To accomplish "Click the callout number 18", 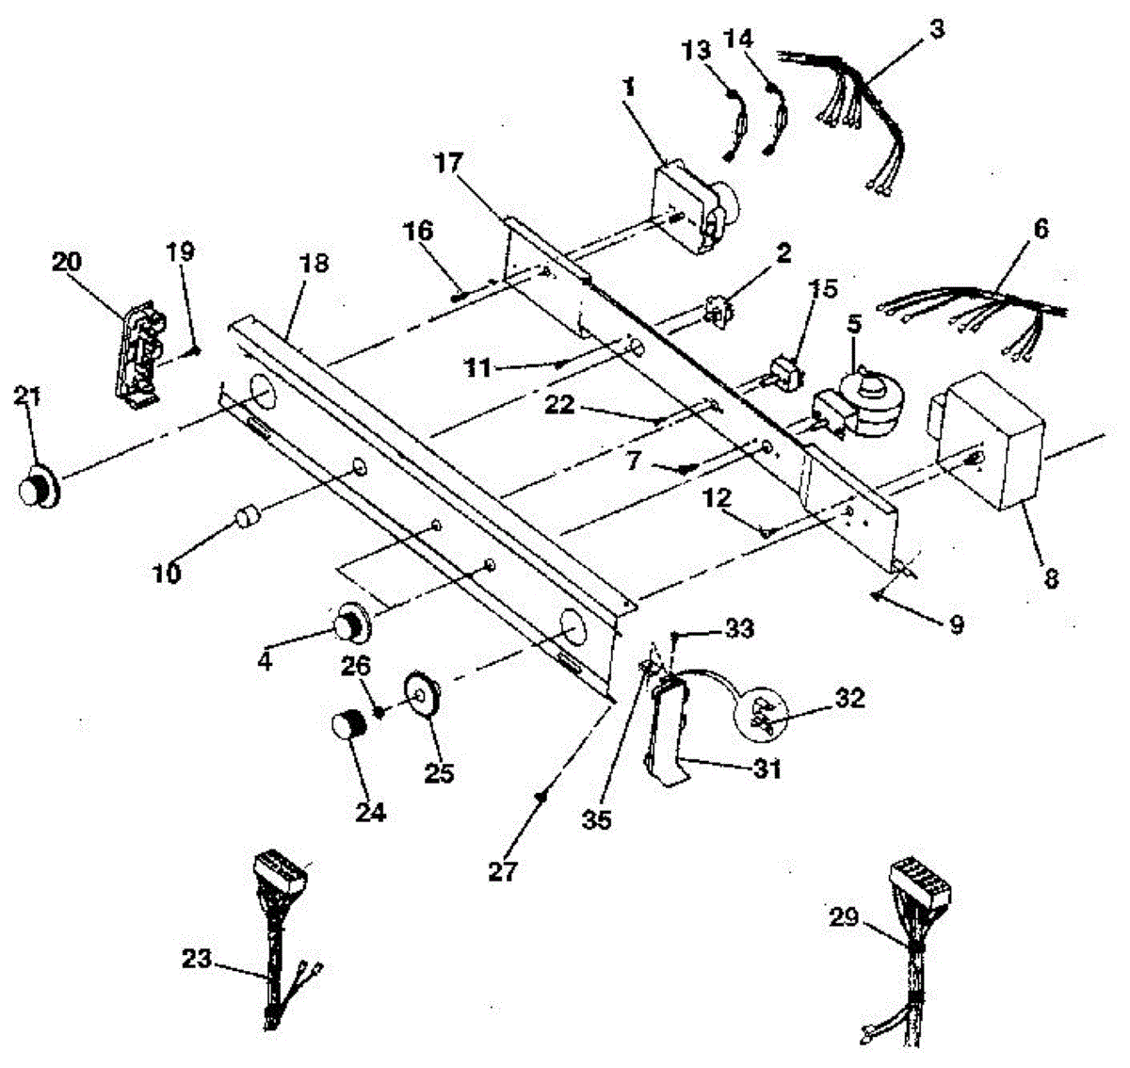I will (315, 264).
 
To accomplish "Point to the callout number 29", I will (844, 916).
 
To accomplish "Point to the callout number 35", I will (596, 819).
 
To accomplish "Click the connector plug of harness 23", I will (281, 876).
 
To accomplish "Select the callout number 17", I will (449, 162).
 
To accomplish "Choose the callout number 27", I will (503, 871).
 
